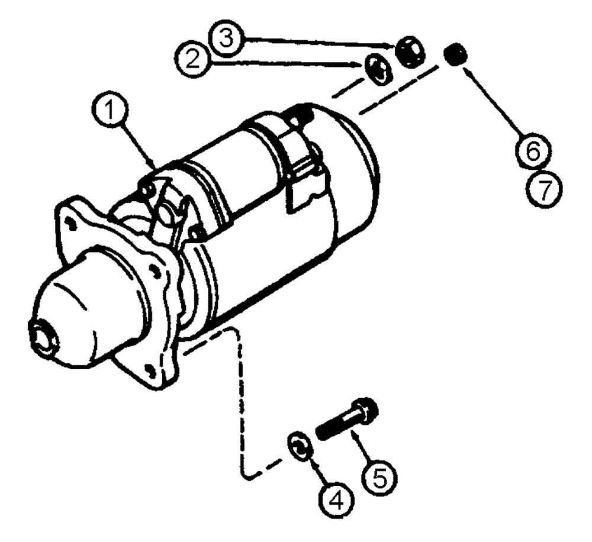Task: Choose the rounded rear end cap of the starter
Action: [x=355, y=172]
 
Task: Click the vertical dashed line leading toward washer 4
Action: [x=242, y=402]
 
